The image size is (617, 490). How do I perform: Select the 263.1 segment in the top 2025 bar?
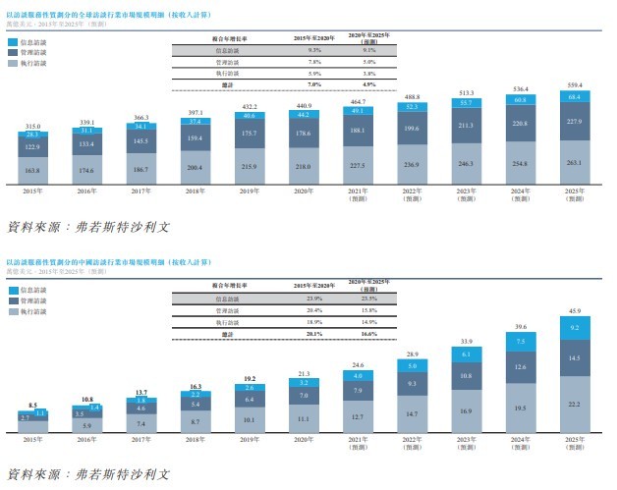(x=575, y=163)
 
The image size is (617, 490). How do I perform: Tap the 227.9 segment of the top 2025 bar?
(x=575, y=121)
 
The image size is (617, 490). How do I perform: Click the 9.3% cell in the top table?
(x=314, y=49)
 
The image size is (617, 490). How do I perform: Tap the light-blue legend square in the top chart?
(x=12, y=43)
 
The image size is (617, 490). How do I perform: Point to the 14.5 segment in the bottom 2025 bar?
(x=575, y=359)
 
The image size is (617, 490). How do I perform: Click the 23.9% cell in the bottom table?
(x=314, y=299)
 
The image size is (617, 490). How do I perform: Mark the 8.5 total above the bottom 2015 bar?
(x=33, y=405)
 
